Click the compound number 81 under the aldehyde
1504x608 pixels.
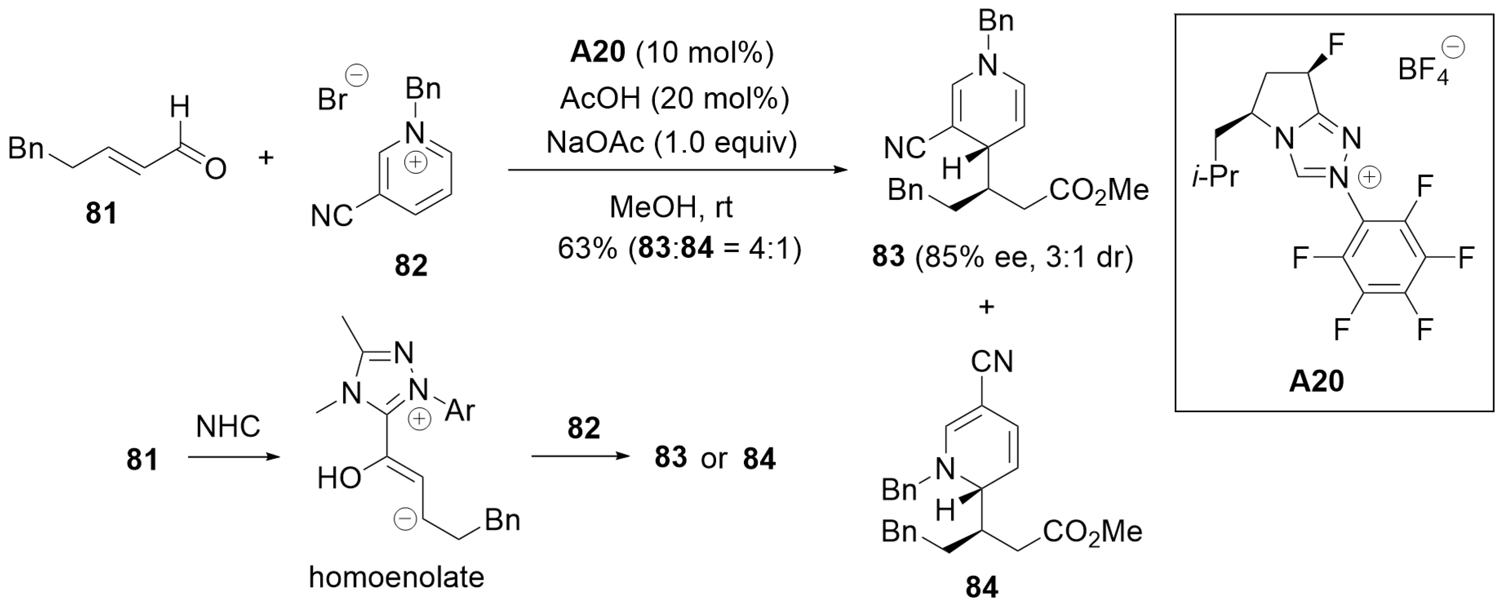pyautogui.click(x=101, y=213)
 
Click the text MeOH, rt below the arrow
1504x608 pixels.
pyautogui.click(x=671, y=207)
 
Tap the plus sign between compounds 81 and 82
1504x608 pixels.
pyautogui.click(x=266, y=158)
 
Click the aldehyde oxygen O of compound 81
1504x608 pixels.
pyautogui.click(x=215, y=169)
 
